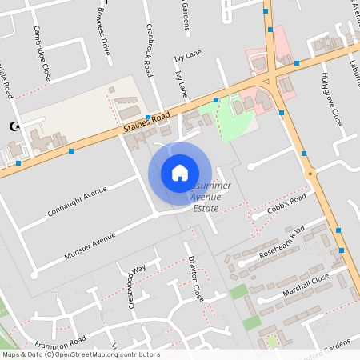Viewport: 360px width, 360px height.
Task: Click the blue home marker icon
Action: tap(179, 173)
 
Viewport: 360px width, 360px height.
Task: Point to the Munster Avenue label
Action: tap(90, 246)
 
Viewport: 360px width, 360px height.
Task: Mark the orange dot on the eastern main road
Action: tap(310, 173)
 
